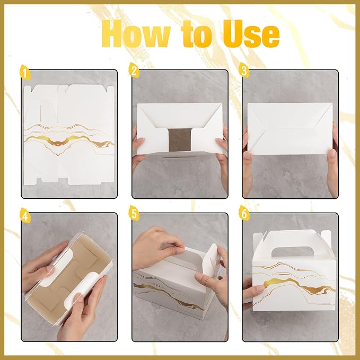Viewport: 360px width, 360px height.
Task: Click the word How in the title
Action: (x=136, y=33)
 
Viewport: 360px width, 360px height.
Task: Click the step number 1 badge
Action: (x=25, y=72)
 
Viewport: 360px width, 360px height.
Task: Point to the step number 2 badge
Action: (x=134, y=70)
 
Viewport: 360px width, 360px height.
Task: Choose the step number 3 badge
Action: (x=244, y=71)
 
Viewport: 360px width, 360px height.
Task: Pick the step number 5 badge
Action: (x=134, y=213)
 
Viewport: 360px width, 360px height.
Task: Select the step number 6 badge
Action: (x=244, y=213)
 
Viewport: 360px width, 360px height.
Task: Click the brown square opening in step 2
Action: (x=180, y=139)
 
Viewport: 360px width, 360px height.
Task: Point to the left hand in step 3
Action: (x=248, y=162)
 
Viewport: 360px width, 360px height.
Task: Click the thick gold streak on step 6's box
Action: (x=296, y=285)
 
